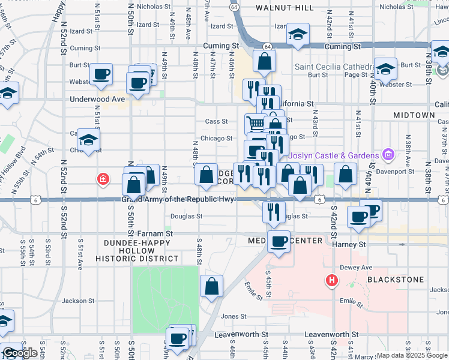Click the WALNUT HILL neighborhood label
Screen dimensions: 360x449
(x=284, y=8)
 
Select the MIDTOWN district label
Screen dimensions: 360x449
(x=414, y=115)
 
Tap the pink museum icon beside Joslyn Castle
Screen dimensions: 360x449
(x=388, y=155)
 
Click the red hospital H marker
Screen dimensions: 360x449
(x=331, y=280)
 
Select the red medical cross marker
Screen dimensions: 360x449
(x=104, y=178)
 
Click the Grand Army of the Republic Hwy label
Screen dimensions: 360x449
(x=178, y=199)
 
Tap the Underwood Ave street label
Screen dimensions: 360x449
(x=97, y=99)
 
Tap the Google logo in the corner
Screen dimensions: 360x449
(x=20, y=353)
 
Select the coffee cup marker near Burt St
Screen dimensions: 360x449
(x=101, y=74)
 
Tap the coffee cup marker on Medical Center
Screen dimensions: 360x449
(x=279, y=241)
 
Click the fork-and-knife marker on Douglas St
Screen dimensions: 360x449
(x=273, y=211)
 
